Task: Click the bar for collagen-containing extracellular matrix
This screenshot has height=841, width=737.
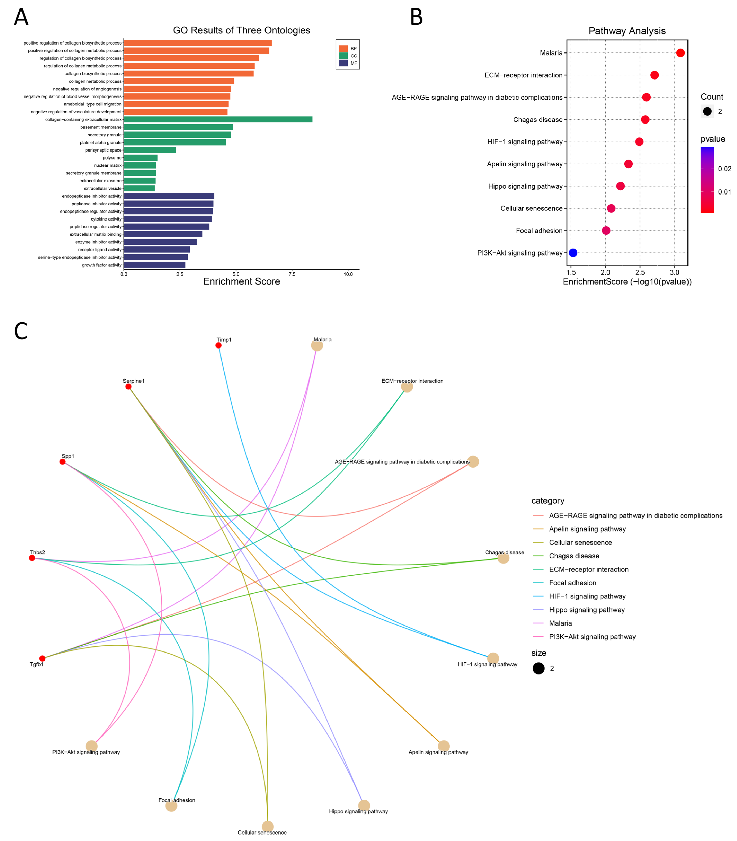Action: [218, 119]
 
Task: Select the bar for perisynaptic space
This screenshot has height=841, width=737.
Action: [150, 150]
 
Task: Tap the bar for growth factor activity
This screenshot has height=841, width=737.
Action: [155, 265]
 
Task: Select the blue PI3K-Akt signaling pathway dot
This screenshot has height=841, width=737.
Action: [573, 253]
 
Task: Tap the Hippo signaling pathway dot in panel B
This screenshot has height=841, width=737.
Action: [621, 186]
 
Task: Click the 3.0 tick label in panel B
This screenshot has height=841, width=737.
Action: [674, 272]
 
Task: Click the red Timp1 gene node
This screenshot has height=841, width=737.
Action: [218, 345]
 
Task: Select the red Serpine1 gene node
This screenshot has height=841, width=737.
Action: [128, 387]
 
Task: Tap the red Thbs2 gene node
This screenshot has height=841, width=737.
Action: [32, 558]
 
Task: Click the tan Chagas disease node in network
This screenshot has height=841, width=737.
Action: [503, 558]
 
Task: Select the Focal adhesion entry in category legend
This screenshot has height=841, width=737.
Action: [572, 583]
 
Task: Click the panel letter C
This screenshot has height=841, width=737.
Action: [21, 331]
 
